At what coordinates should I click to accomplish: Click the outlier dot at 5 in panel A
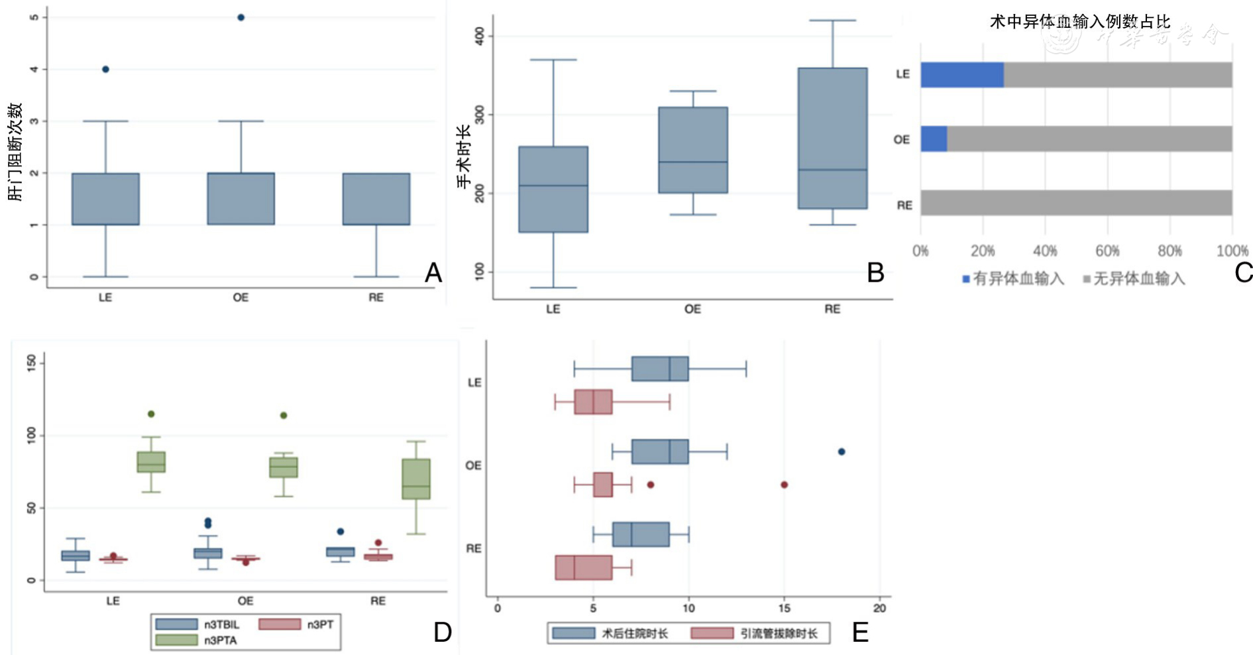coord(241,18)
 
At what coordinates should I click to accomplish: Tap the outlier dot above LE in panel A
coord(105,70)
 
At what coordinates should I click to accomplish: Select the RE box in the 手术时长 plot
coord(832,139)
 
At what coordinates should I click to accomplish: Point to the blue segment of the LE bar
coord(961,75)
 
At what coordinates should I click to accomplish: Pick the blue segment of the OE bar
coord(934,139)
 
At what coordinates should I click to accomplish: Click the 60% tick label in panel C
coord(1107,251)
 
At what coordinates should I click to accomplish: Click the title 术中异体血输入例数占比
coord(1079,22)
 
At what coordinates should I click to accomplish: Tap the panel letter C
coord(1243,272)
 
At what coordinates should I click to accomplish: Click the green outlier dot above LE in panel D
coord(151,414)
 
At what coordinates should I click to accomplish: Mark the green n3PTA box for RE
coord(416,479)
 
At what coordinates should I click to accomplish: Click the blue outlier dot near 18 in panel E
coord(842,452)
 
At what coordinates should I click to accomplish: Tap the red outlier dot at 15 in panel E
coord(784,485)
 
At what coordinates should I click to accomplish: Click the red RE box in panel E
coord(583,567)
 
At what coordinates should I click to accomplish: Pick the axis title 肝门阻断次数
coord(15,152)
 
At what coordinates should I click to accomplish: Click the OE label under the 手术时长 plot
coord(692,310)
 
